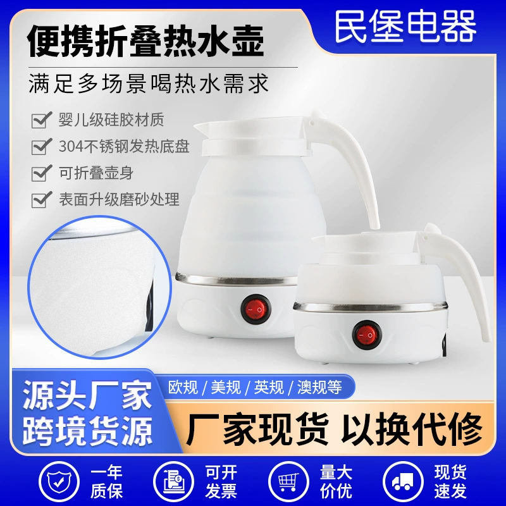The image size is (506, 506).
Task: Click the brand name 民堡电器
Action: click(x=405, y=27)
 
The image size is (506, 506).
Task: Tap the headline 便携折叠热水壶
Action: click(x=146, y=42)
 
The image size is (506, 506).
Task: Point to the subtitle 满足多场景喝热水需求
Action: click(x=149, y=83)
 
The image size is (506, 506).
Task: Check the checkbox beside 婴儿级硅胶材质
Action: click(x=42, y=120)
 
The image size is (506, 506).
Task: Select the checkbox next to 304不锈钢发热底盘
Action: click(x=42, y=147)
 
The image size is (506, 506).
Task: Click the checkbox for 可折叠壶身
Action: click(x=42, y=173)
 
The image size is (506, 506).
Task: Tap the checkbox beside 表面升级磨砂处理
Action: click(x=42, y=200)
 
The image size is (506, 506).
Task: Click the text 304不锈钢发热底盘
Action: click(x=124, y=147)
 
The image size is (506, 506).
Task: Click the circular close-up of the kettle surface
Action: click(x=99, y=287)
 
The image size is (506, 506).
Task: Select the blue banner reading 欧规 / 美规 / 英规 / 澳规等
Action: click(x=255, y=386)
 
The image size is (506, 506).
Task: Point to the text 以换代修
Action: click(x=412, y=429)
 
